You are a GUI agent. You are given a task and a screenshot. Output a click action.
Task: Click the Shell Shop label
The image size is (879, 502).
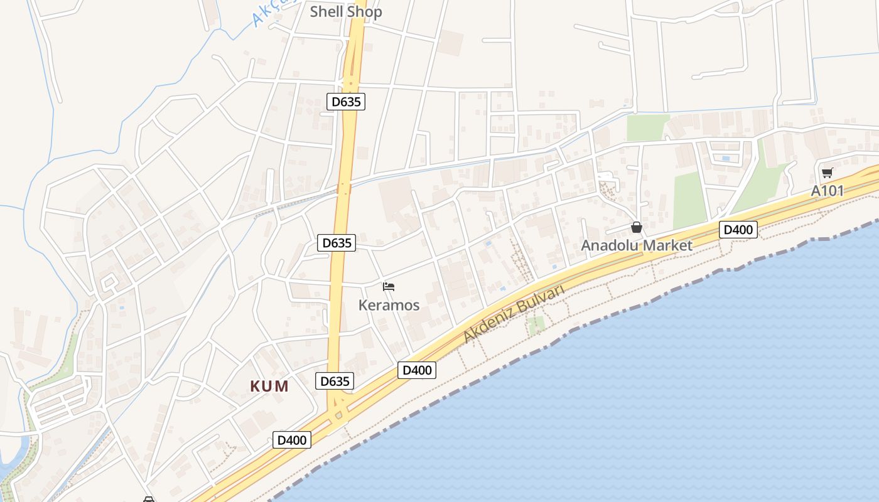[345, 11]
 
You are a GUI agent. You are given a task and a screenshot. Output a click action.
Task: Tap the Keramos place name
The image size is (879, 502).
[389, 305]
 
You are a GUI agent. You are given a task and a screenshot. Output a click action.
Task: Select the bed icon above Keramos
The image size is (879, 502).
[389, 287]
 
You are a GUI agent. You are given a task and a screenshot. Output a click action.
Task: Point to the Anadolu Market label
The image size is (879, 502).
[636, 245]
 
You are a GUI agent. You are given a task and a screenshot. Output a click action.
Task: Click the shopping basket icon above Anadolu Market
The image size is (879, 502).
[637, 227]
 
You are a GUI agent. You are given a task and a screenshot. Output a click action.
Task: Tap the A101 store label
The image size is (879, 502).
[827, 191]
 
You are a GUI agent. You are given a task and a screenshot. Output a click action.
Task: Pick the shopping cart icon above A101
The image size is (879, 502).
[827, 173]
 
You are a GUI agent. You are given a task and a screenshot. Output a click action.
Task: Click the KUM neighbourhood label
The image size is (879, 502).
[269, 386]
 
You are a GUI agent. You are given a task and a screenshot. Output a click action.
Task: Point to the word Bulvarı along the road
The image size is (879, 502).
[541, 297]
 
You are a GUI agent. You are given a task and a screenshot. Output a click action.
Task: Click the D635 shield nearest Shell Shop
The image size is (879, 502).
[345, 101]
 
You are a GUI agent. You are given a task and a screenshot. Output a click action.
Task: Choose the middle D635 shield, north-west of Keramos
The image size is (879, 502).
[336, 243]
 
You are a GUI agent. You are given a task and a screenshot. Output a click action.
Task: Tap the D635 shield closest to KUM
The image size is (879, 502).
[334, 381]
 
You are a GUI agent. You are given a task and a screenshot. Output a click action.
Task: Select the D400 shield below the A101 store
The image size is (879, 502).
[738, 230]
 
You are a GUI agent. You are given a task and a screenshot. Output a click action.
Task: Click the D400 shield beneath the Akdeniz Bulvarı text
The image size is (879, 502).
[416, 370]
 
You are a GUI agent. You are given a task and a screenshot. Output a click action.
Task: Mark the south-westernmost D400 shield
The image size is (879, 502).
[292, 440]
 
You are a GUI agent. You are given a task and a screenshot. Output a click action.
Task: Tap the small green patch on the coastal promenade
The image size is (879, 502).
[536, 325]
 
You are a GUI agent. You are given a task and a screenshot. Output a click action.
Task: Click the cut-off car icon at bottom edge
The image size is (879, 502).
[149, 499]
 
